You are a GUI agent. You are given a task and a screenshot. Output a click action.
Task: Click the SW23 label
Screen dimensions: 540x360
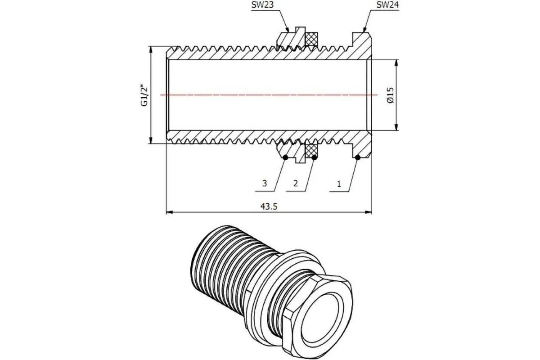click(262, 5)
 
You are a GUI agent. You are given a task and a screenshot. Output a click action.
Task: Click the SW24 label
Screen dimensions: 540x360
click(387, 5)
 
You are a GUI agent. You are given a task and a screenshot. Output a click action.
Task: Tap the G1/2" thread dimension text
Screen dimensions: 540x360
click(144, 95)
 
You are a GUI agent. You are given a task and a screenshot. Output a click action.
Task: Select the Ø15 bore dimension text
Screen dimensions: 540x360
click(390, 95)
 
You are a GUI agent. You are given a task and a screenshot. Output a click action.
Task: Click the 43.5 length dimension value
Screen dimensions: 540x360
click(269, 207)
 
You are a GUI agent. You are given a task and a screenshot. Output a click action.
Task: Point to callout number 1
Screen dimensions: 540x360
click(339, 184)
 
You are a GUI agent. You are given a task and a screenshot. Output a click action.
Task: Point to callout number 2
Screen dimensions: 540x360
click(296, 184)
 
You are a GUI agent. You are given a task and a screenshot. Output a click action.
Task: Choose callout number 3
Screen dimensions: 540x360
click(265, 184)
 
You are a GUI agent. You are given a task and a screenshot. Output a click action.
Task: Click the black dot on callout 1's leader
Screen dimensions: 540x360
click(358, 157)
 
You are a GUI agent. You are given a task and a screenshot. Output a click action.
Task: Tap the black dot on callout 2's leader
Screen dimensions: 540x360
click(315, 157)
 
